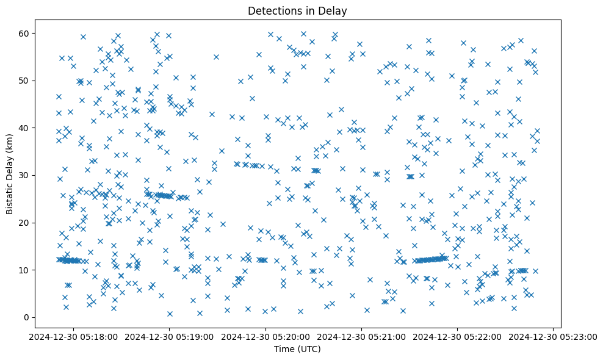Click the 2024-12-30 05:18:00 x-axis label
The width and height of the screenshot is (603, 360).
[73, 337]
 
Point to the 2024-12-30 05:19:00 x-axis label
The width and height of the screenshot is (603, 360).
[169, 337]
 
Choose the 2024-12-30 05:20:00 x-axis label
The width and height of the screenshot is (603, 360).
[265, 337]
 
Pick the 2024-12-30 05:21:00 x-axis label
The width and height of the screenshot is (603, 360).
[361, 337]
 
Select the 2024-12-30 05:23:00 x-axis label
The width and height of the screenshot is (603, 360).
[553, 337]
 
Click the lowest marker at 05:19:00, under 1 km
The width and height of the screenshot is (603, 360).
[170, 314]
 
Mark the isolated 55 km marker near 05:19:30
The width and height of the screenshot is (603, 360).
[216, 57]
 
